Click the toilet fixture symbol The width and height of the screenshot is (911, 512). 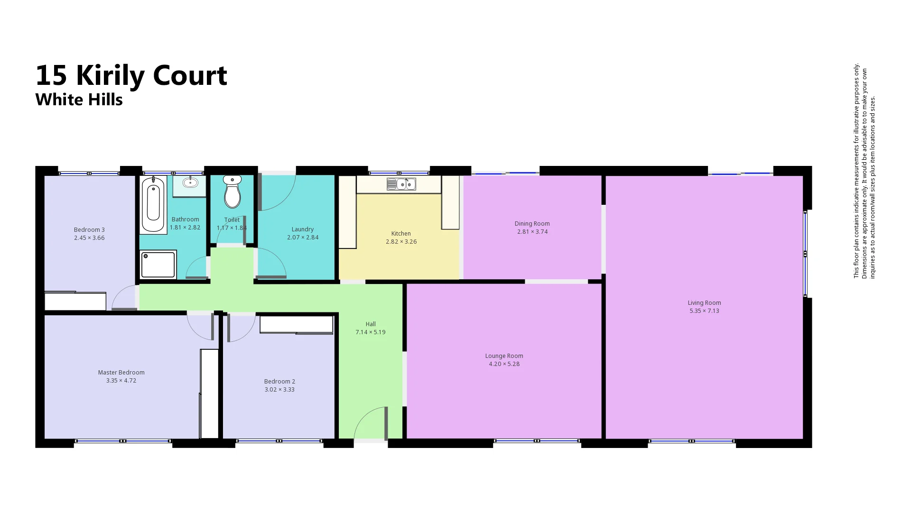(x=232, y=192)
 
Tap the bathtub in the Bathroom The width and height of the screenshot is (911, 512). (x=153, y=204)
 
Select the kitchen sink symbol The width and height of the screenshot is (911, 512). (x=401, y=184)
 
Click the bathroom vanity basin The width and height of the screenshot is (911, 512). (x=190, y=183)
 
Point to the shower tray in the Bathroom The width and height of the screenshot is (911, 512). (x=158, y=265)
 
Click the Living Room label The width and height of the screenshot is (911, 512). (x=704, y=303)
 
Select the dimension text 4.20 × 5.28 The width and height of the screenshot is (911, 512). (x=504, y=364)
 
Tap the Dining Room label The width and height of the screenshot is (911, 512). (x=532, y=224)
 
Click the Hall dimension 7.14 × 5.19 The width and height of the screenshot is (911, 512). (x=370, y=332)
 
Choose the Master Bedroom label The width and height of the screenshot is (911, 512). (x=121, y=373)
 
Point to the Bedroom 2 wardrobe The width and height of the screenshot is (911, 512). (x=296, y=325)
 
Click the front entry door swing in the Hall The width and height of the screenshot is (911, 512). (x=370, y=423)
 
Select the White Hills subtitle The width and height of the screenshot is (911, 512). (x=79, y=100)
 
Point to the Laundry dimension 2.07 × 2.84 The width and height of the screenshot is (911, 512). (x=302, y=238)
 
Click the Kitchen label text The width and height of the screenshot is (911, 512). (x=400, y=234)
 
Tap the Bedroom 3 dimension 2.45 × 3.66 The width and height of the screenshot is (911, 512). (x=89, y=238)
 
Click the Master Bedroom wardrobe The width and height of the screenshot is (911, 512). (x=209, y=393)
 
